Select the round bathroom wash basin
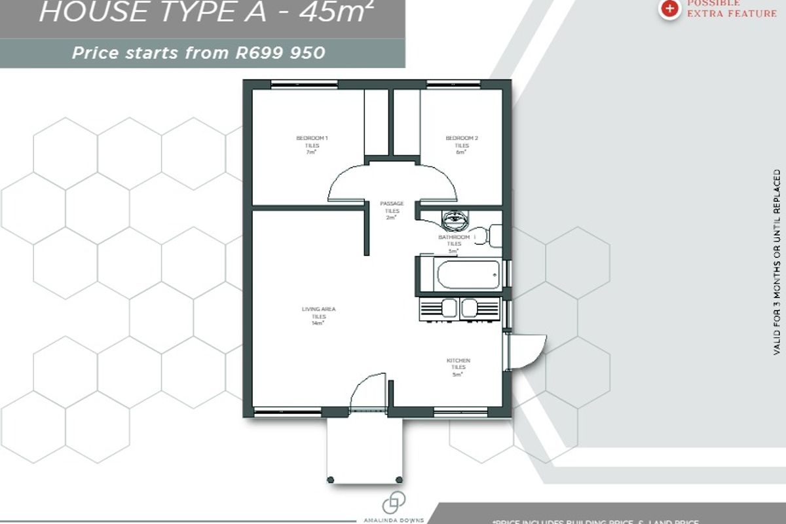tap(452, 217)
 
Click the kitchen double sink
tap(459, 307)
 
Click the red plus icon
tap(669, 8)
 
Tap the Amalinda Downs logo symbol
tap(394, 503)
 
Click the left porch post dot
tap(331, 480)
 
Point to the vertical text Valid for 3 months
tap(777, 262)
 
